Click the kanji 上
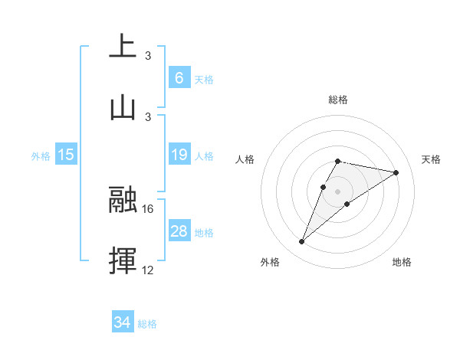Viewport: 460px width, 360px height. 123,46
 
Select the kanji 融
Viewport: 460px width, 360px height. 123,200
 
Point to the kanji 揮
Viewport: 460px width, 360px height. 123,260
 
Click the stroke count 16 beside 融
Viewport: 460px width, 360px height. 149,208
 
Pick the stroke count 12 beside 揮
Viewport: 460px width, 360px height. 149,270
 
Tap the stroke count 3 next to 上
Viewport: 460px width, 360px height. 148,55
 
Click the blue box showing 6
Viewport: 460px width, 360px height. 179,77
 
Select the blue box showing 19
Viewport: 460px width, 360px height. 179,155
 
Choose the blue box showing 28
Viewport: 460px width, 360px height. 179,231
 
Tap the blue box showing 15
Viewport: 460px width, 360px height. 66,155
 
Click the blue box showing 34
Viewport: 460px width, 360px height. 122,322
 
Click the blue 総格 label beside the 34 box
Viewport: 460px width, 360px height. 147,324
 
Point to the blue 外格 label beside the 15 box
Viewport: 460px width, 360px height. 41,156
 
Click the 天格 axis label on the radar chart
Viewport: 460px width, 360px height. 431,159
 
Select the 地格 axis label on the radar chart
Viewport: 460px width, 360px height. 402,262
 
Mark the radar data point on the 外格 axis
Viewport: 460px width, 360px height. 302,242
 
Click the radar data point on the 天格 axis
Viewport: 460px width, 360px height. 396,173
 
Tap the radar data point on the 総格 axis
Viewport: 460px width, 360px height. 337,161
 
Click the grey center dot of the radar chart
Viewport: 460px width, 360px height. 337,191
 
